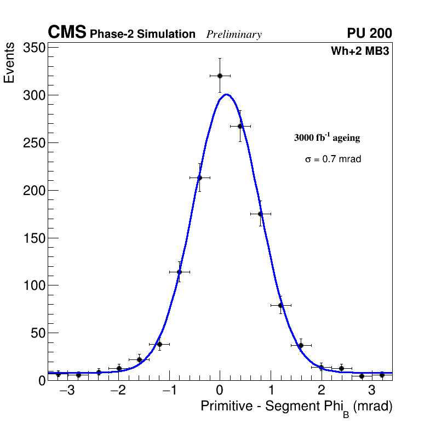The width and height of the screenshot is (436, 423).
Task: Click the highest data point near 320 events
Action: (x=220, y=76)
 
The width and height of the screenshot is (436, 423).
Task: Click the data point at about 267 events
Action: (x=240, y=126)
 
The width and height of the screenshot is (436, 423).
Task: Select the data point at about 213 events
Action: (x=199, y=178)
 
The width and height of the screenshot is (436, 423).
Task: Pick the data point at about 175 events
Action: (x=260, y=214)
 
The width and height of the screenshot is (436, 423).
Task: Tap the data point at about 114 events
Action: (x=179, y=272)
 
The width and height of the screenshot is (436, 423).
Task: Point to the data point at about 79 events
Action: (x=280, y=305)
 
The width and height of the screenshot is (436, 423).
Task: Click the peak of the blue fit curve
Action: (x=226, y=94)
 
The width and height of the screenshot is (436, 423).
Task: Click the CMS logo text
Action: (x=67, y=33)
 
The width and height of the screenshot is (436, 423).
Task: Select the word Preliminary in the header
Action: (x=234, y=35)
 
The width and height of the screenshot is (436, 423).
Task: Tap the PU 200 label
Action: (x=369, y=33)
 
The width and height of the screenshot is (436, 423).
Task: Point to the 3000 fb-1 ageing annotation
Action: (x=327, y=138)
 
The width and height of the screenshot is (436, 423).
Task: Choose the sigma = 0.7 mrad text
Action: (x=333, y=159)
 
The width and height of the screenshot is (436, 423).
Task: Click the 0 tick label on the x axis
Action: (x=220, y=391)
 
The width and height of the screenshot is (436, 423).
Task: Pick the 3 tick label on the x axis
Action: (x=371, y=391)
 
